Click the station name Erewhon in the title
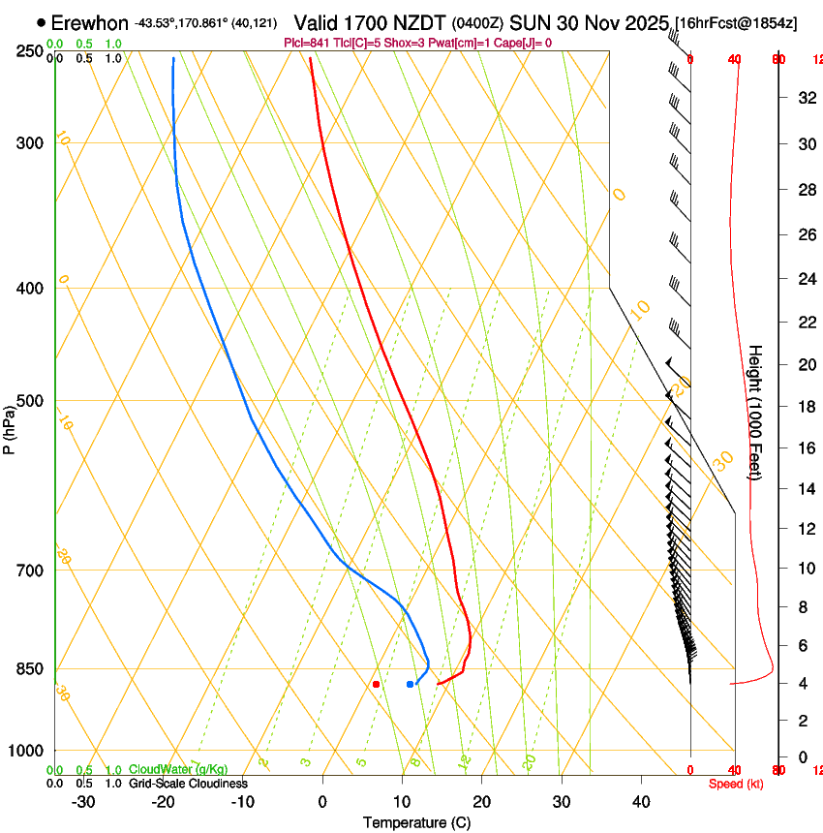click(89, 22)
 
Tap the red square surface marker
click(376, 684)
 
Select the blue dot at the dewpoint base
click(411, 684)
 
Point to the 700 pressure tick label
click(30, 570)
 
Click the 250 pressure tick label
click(30, 50)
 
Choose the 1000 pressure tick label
click(26, 751)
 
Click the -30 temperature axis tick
click(83, 802)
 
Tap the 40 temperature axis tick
click(640, 802)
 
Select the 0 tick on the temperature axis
click(322, 802)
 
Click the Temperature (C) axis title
click(416, 822)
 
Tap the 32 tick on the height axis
click(804, 97)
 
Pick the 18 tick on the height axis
click(804, 407)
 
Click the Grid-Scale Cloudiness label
click(188, 783)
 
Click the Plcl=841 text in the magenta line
click(306, 43)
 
